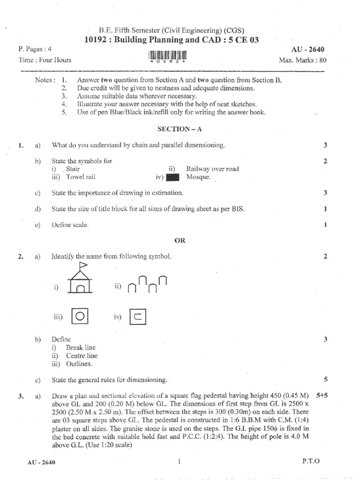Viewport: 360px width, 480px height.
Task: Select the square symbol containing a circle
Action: tap(80, 316)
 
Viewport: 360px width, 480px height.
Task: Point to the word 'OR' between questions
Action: tap(180, 240)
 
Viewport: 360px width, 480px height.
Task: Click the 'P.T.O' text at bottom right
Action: tap(311, 461)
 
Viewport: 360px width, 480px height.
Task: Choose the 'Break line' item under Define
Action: tap(80, 347)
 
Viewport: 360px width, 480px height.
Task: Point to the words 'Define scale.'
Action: tap(70, 225)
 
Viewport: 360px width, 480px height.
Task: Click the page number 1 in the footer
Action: tap(180, 462)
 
